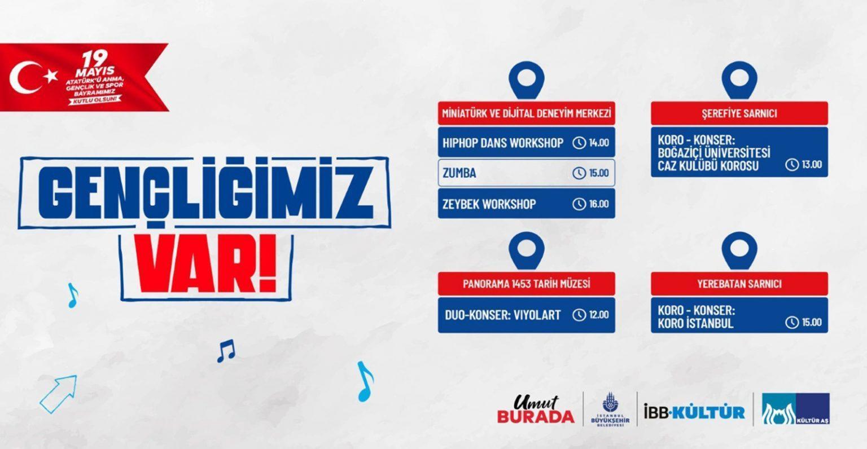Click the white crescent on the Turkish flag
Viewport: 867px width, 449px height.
pos(19,78)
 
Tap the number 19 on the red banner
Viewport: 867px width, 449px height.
pos(95,59)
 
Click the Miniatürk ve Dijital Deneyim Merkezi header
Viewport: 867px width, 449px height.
pos(527,113)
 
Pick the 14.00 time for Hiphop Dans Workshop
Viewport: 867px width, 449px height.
pos(599,143)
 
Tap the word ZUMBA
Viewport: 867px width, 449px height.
pos(459,173)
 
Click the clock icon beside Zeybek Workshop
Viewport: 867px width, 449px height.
pos(579,204)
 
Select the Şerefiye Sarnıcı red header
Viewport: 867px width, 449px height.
pos(739,113)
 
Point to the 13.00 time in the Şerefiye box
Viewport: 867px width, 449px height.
pos(812,164)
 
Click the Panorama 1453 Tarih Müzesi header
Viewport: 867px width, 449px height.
pos(527,284)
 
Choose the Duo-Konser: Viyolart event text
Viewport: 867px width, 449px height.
pos(502,315)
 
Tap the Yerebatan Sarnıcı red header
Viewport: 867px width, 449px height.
pos(739,284)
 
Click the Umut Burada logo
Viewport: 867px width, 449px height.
pos(536,410)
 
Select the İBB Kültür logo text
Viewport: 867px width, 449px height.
pos(694,412)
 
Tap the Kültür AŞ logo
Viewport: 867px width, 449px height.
pos(796,409)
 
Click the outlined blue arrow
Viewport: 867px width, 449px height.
pos(58,394)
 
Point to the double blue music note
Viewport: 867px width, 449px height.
pos(226,351)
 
